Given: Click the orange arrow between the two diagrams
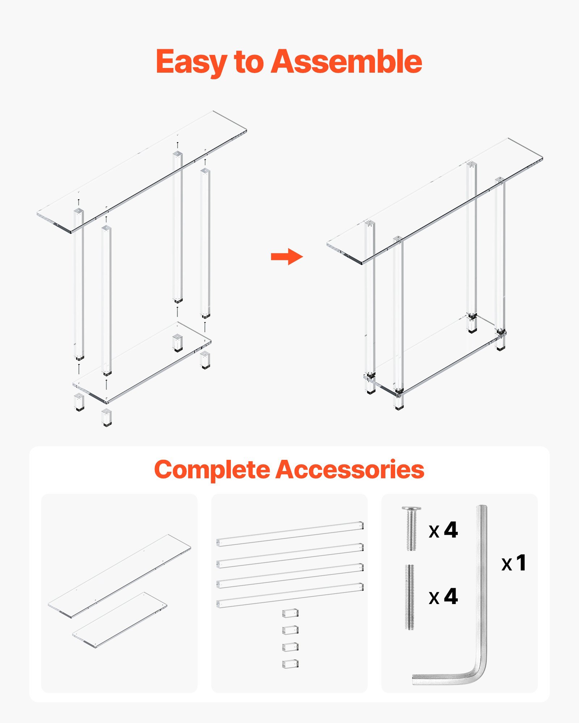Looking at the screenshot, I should click(287, 257).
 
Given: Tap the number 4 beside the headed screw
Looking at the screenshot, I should click(451, 530).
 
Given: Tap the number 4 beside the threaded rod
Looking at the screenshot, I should click(451, 596).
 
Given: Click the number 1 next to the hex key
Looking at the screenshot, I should click(521, 562).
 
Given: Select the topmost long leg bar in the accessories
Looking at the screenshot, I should click(289, 534).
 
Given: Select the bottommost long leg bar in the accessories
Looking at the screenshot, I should click(289, 595).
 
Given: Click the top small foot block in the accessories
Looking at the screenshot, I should click(290, 613).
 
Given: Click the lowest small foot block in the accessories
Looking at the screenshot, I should click(290, 664).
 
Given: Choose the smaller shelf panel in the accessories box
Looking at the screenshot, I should click(119, 620).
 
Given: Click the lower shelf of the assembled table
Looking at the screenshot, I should click(434, 354).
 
